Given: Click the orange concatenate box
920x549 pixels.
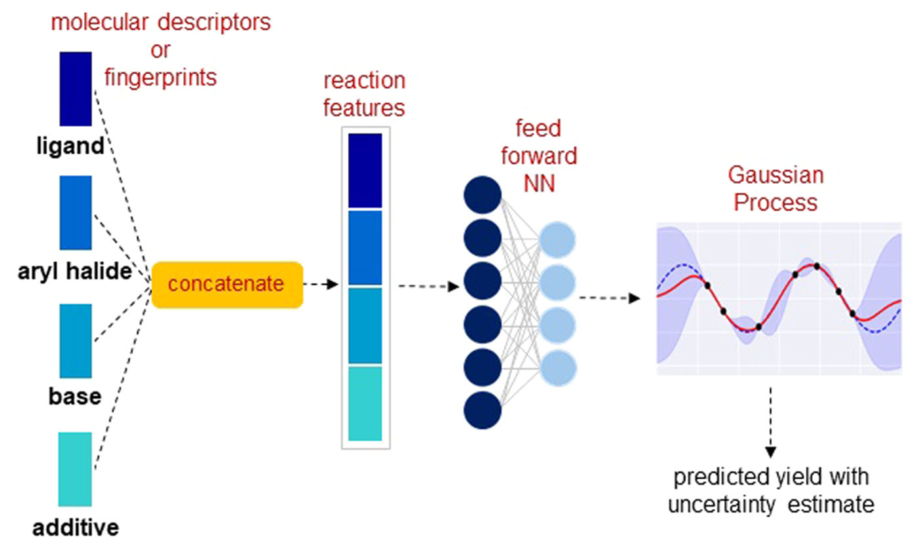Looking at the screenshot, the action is [x=227, y=285].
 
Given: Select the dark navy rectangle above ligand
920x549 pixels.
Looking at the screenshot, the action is [x=76, y=89].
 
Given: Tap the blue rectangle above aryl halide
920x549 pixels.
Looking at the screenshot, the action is [x=76, y=213].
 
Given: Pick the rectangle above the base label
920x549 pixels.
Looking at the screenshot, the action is [x=76, y=340].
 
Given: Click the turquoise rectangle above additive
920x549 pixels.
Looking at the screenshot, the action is [x=75, y=469].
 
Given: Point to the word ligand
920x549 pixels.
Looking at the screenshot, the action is [x=71, y=146].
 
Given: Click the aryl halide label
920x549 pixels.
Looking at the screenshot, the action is [x=74, y=271].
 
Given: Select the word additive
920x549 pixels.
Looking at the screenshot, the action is [x=76, y=528].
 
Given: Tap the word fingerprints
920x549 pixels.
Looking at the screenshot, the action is [x=161, y=77].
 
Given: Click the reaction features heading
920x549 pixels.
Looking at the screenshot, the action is [x=365, y=94].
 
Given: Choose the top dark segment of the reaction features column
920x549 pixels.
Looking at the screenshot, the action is [x=365, y=171].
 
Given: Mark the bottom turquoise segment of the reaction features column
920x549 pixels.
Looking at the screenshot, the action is [x=365, y=403].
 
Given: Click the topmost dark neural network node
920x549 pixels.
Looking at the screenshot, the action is [x=482, y=195].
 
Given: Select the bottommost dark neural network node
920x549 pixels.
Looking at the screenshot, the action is [x=482, y=410].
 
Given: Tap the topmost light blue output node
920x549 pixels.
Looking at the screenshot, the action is [x=557, y=240].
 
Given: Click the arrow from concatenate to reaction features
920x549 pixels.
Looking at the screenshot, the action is [x=321, y=284].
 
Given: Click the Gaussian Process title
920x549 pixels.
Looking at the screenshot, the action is [x=776, y=189].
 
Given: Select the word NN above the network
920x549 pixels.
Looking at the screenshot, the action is [x=538, y=184].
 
